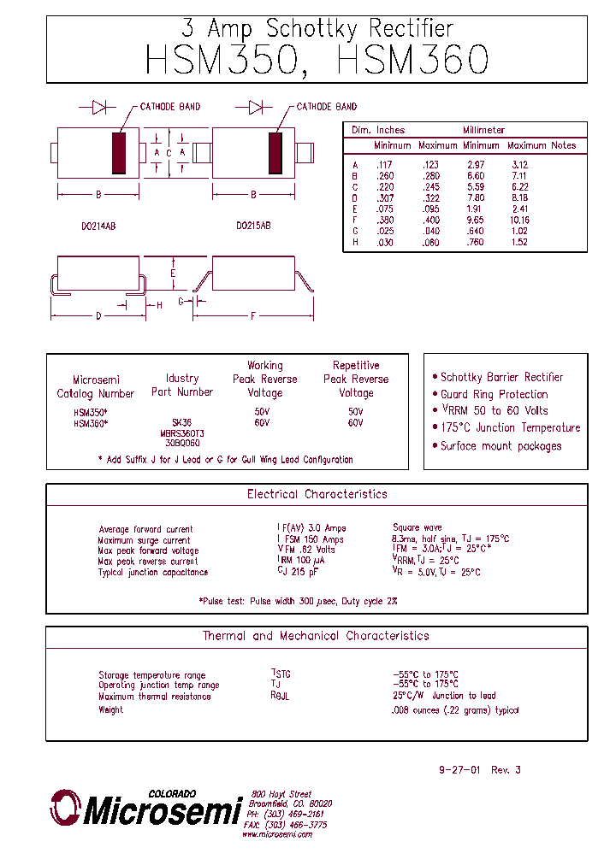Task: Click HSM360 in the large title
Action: (x=413, y=60)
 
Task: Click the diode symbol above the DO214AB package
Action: (x=98, y=107)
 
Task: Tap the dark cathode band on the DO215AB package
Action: (x=275, y=153)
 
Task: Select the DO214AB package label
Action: (x=98, y=226)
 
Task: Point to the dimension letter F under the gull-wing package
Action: (x=253, y=316)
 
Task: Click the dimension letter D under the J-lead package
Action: (x=98, y=316)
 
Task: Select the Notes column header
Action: (x=563, y=145)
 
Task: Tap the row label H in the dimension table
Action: (x=355, y=243)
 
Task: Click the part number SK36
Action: (x=181, y=423)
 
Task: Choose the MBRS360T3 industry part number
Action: (x=181, y=433)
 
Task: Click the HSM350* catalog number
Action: (x=90, y=412)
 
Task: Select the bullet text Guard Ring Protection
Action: (x=494, y=394)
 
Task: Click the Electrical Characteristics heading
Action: (x=317, y=494)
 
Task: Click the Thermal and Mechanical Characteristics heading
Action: (x=315, y=636)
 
